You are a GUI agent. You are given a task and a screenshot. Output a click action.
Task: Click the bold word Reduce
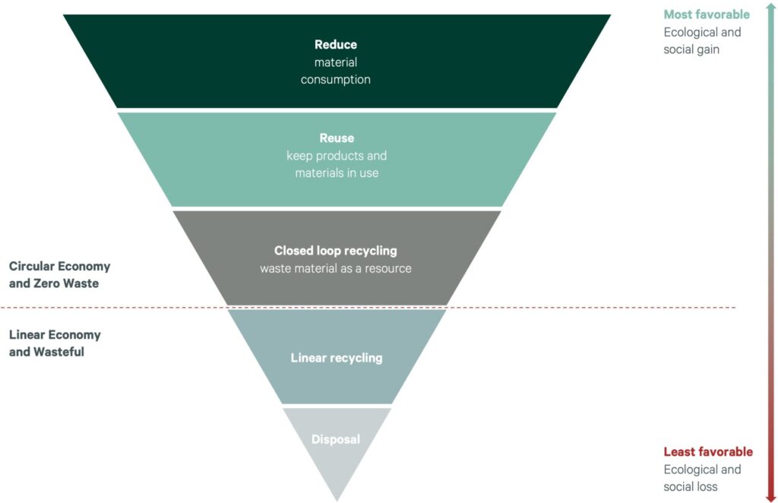[336, 45]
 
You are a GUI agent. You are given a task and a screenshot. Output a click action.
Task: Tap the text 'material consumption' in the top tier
[336, 71]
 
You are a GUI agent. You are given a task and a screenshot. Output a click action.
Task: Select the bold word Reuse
[337, 138]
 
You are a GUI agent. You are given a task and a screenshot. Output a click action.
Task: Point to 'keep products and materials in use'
[337, 164]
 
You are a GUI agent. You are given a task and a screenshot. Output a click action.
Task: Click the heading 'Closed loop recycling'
[336, 250]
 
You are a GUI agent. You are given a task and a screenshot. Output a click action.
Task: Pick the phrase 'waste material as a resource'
[336, 268]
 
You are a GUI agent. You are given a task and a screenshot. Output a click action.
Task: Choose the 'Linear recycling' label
[337, 358]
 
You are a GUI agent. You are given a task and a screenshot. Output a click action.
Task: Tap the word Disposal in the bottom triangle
[336, 439]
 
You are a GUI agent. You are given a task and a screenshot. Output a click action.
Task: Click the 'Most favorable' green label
[707, 14]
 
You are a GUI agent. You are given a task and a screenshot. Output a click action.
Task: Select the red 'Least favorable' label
[708, 451]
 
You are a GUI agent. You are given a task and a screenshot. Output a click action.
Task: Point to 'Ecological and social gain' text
[702, 41]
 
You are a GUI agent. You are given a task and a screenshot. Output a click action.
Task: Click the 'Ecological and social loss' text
[702, 478]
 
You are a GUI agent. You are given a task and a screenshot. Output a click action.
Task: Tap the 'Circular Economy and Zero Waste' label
[59, 275]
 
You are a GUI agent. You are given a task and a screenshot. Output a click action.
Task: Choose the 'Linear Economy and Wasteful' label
[55, 343]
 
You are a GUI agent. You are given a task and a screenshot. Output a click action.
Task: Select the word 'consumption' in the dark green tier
[336, 79]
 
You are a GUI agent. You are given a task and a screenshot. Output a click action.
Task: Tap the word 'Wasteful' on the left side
[59, 352]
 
